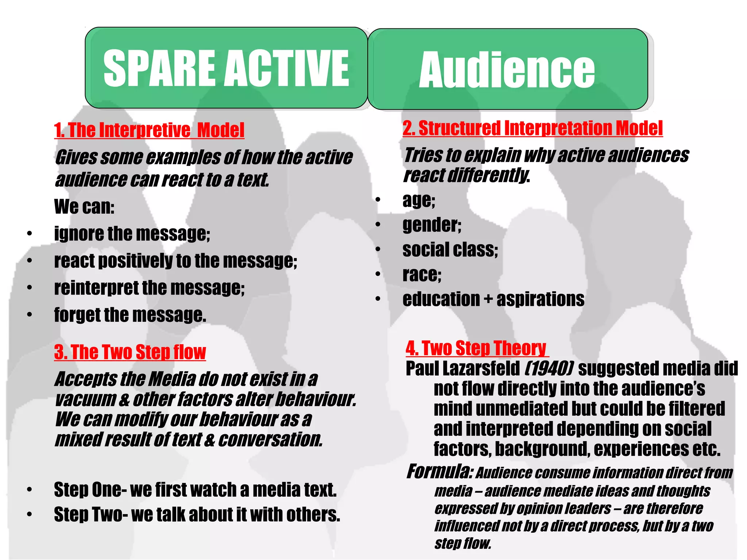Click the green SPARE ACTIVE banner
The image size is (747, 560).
pyautogui.click(x=226, y=68)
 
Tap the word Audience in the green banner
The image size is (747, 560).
pyautogui.click(x=507, y=70)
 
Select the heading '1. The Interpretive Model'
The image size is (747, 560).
pyautogui.click(x=149, y=130)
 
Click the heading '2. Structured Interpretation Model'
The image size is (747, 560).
pyautogui.click(x=533, y=128)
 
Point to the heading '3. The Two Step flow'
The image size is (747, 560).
pyautogui.click(x=130, y=352)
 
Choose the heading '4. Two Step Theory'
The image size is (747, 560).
pyautogui.click(x=476, y=348)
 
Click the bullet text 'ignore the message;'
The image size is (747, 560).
pyautogui.click(x=132, y=234)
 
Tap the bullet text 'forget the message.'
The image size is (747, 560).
pyautogui.click(x=130, y=315)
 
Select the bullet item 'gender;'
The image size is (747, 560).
pyautogui.click(x=432, y=225)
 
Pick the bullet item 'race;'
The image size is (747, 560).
pyautogui.click(x=422, y=275)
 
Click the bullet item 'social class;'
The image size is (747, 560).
pyautogui.click(x=450, y=250)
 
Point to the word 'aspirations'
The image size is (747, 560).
pyautogui.click(x=540, y=299)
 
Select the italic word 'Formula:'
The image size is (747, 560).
pyautogui.click(x=440, y=472)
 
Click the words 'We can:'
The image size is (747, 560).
pyautogui.click(x=84, y=207)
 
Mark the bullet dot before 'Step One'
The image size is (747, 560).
pyautogui.click(x=30, y=490)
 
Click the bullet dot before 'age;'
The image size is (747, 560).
pyautogui.click(x=378, y=200)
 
